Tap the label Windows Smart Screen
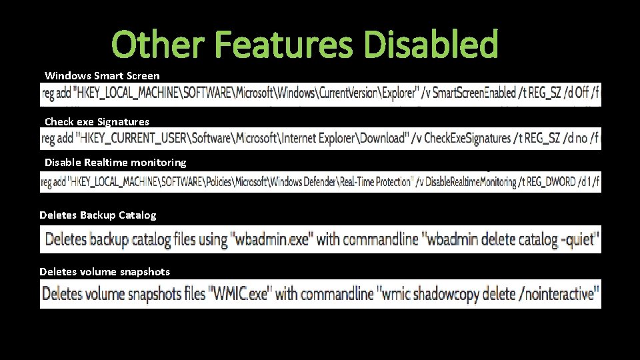tap(102, 76)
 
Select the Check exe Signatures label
tap(97, 121)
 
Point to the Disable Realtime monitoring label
tap(115, 162)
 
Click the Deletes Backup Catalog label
tap(98, 215)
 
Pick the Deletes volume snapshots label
tap(105, 271)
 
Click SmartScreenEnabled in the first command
tap(474, 93)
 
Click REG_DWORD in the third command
tap(553, 181)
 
